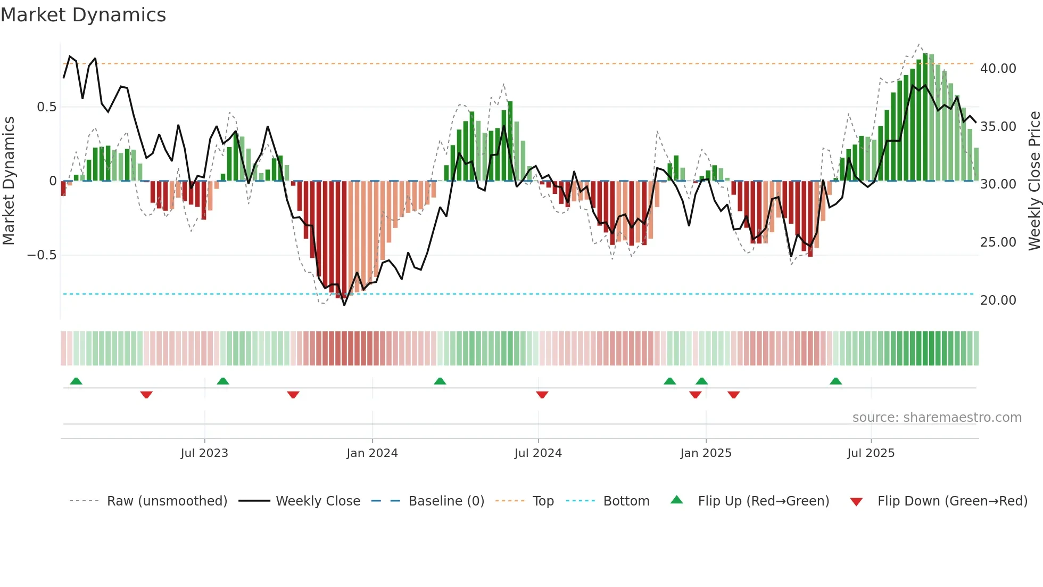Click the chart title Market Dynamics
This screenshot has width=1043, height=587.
pos(84,15)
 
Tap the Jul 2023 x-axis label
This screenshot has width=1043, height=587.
pos(204,453)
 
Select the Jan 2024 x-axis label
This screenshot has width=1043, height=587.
pos(372,453)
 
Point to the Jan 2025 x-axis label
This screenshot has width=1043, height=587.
pos(706,453)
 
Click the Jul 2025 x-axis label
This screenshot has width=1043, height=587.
pos(871,453)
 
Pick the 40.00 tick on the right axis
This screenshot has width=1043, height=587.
pos(998,69)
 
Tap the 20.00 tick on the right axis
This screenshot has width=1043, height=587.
pos(998,300)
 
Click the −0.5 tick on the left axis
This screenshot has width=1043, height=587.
pos(42,255)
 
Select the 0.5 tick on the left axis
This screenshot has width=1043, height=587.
pos(46,107)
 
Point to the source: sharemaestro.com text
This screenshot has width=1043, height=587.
pos(937,418)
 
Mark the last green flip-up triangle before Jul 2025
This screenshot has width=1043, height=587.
pos(835,381)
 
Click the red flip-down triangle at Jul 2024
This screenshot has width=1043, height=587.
pos(542,395)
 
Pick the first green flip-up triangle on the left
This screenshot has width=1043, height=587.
pos(76,381)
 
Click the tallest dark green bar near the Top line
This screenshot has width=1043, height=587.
pos(925,117)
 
